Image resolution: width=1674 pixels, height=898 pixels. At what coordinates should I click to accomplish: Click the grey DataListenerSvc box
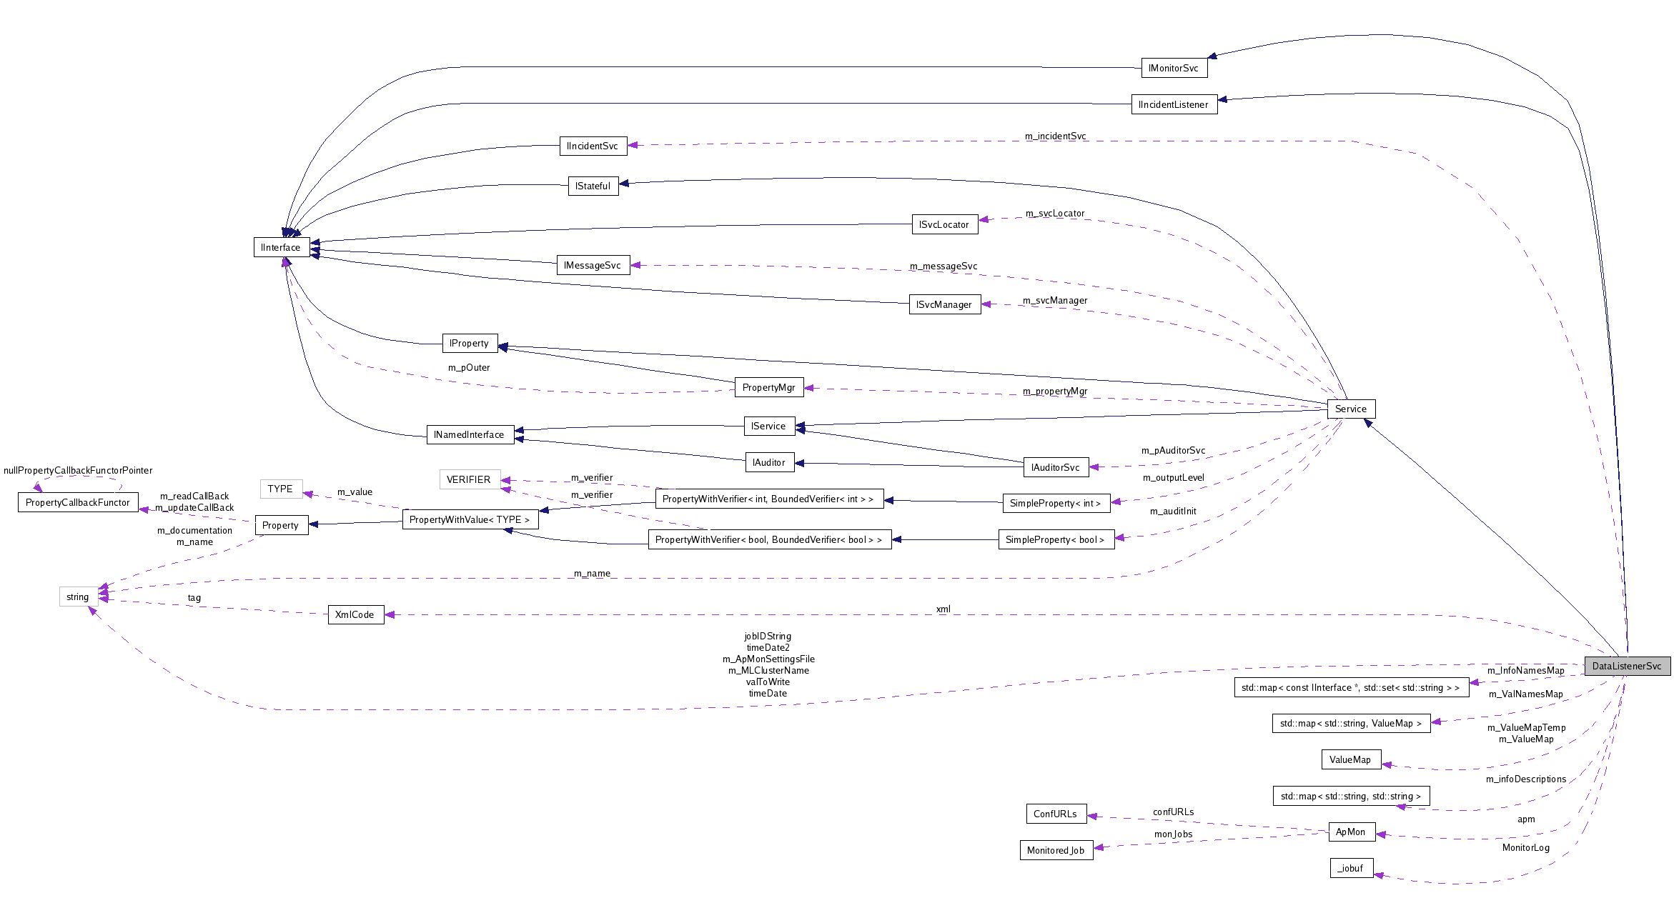(x=1627, y=666)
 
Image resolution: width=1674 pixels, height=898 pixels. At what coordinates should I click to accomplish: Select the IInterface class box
(x=281, y=247)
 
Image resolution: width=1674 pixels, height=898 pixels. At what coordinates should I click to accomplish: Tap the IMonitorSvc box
(x=1174, y=68)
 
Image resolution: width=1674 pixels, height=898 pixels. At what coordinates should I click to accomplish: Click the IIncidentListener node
(x=1174, y=104)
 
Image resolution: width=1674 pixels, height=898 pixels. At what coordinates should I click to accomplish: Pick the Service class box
(x=1350, y=409)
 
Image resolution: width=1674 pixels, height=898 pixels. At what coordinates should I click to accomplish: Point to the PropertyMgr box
(x=768, y=387)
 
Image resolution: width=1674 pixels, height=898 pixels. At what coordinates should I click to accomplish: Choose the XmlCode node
(x=355, y=614)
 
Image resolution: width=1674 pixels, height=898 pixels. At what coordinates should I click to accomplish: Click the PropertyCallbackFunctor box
(x=77, y=502)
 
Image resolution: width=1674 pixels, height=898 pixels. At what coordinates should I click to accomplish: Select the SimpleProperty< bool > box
(x=1055, y=539)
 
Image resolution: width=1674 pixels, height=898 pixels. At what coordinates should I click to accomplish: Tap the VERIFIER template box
(x=469, y=479)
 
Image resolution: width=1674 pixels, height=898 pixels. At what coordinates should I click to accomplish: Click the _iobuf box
(x=1351, y=868)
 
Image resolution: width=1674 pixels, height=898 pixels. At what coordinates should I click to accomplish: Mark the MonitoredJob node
(x=1056, y=850)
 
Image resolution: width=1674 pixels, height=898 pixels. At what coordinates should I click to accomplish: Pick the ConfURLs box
(x=1055, y=814)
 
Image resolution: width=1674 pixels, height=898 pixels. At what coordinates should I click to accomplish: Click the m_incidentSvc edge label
(x=1055, y=136)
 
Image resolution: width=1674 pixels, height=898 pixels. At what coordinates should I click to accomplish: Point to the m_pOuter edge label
(x=469, y=367)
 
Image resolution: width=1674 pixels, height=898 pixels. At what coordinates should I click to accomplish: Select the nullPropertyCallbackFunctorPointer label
(x=78, y=470)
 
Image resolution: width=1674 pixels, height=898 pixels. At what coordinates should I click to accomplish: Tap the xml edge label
(x=943, y=609)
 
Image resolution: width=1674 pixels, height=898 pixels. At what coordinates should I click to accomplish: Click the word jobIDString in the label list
(x=768, y=636)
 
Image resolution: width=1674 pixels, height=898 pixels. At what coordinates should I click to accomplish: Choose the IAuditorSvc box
(x=1055, y=467)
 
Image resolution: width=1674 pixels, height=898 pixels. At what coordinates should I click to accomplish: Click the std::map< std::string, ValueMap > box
(x=1351, y=723)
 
